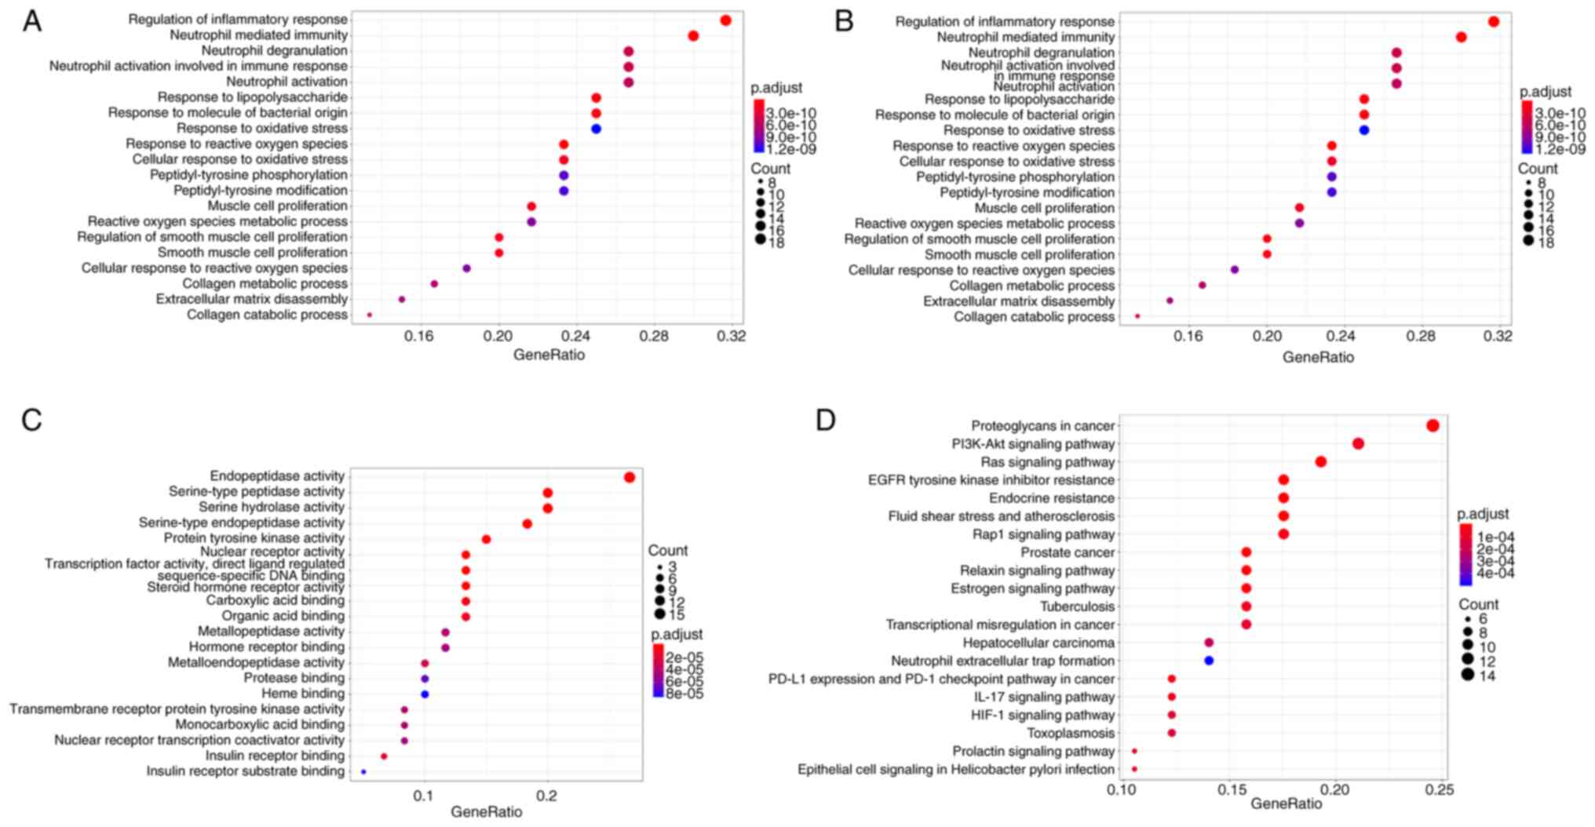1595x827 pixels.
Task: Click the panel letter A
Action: pyautogui.click(x=31, y=21)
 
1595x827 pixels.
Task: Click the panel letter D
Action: pyautogui.click(x=826, y=421)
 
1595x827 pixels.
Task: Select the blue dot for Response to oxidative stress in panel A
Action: pyautogui.click(x=596, y=129)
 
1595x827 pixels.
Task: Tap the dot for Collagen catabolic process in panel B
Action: pyautogui.click(x=1137, y=316)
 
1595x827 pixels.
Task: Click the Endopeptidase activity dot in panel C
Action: pyautogui.click(x=629, y=477)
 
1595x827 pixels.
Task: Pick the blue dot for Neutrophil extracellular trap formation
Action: pyautogui.click(x=1209, y=661)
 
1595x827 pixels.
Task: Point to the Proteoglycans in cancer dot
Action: pyautogui.click(x=1433, y=425)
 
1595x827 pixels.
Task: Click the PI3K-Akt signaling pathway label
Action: pyautogui.click(x=1033, y=444)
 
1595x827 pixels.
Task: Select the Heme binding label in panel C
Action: pyautogui.click(x=303, y=694)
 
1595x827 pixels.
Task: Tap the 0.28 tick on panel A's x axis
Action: pyautogui.click(x=654, y=337)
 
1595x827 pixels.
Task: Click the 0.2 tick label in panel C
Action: pyautogui.click(x=547, y=796)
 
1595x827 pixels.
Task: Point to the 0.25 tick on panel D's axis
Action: pyautogui.click(x=1441, y=789)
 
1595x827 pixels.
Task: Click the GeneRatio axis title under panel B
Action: pyautogui.click(x=1318, y=357)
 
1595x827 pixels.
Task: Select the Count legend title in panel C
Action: pyautogui.click(x=667, y=551)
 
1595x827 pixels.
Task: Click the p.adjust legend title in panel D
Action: pyautogui.click(x=1483, y=514)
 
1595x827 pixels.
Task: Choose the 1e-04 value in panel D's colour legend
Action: pyautogui.click(x=1495, y=537)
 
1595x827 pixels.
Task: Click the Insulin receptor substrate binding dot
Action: pyautogui.click(x=363, y=772)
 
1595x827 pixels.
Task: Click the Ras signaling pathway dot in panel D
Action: pyautogui.click(x=1320, y=462)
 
